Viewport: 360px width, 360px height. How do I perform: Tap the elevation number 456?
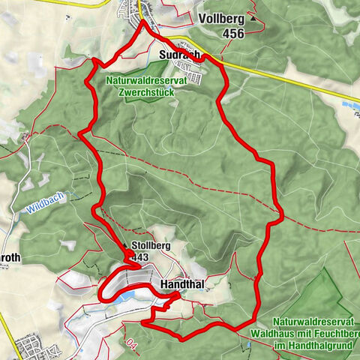click(x=235, y=33)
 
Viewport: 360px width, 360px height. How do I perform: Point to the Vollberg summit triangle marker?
click(x=253, y=18)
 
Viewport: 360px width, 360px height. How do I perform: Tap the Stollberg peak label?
click(x=152, y=245)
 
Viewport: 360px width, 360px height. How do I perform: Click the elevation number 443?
click(x=140, y=257)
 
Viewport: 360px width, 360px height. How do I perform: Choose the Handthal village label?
click(x=183, y=284)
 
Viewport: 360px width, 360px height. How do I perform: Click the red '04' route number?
click(x=133, y=346)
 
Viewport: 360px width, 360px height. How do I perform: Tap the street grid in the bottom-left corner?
click(x=33, y=347)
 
